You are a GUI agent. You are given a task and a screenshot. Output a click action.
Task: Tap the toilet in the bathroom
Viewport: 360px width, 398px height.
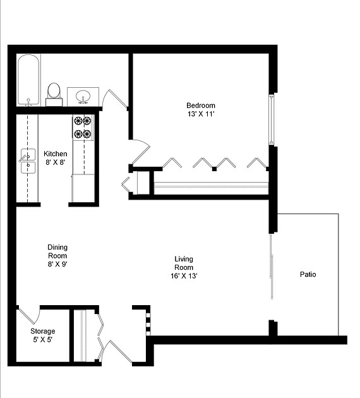click(x=54, y=92)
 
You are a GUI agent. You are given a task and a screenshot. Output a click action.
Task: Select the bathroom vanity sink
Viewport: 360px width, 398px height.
click(x=81, y=97)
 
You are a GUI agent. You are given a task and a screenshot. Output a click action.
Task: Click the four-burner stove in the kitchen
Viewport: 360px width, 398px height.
click(x=82, y=126)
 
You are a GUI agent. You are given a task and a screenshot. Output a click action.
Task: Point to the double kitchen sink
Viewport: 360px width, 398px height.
click(x=27, y=161)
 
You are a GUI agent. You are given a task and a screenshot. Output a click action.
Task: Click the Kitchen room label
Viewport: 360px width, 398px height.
click(x=55, y=154)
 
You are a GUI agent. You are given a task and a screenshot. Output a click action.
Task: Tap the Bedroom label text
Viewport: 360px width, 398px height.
click(x=200, y=106)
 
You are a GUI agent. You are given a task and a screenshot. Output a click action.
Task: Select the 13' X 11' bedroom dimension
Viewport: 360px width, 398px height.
click(x=200, y=114)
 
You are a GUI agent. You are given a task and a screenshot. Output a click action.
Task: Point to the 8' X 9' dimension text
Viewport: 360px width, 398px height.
click(x=57, y=265)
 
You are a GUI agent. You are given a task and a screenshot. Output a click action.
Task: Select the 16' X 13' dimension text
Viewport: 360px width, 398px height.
click(x=184, y=276)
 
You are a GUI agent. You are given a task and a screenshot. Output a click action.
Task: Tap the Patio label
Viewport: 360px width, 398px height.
click(x=308, y=275)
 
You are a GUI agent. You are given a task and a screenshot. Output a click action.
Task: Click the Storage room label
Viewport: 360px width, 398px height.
click(x=43, y=331)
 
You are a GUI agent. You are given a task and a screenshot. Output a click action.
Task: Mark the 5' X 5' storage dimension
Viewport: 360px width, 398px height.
click(x=43, y=341)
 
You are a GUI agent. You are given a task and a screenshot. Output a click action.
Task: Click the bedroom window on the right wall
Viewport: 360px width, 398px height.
click(x=271, y=119)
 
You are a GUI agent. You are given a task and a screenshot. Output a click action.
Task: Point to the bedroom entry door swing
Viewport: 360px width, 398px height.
click(x=140, y=152)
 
